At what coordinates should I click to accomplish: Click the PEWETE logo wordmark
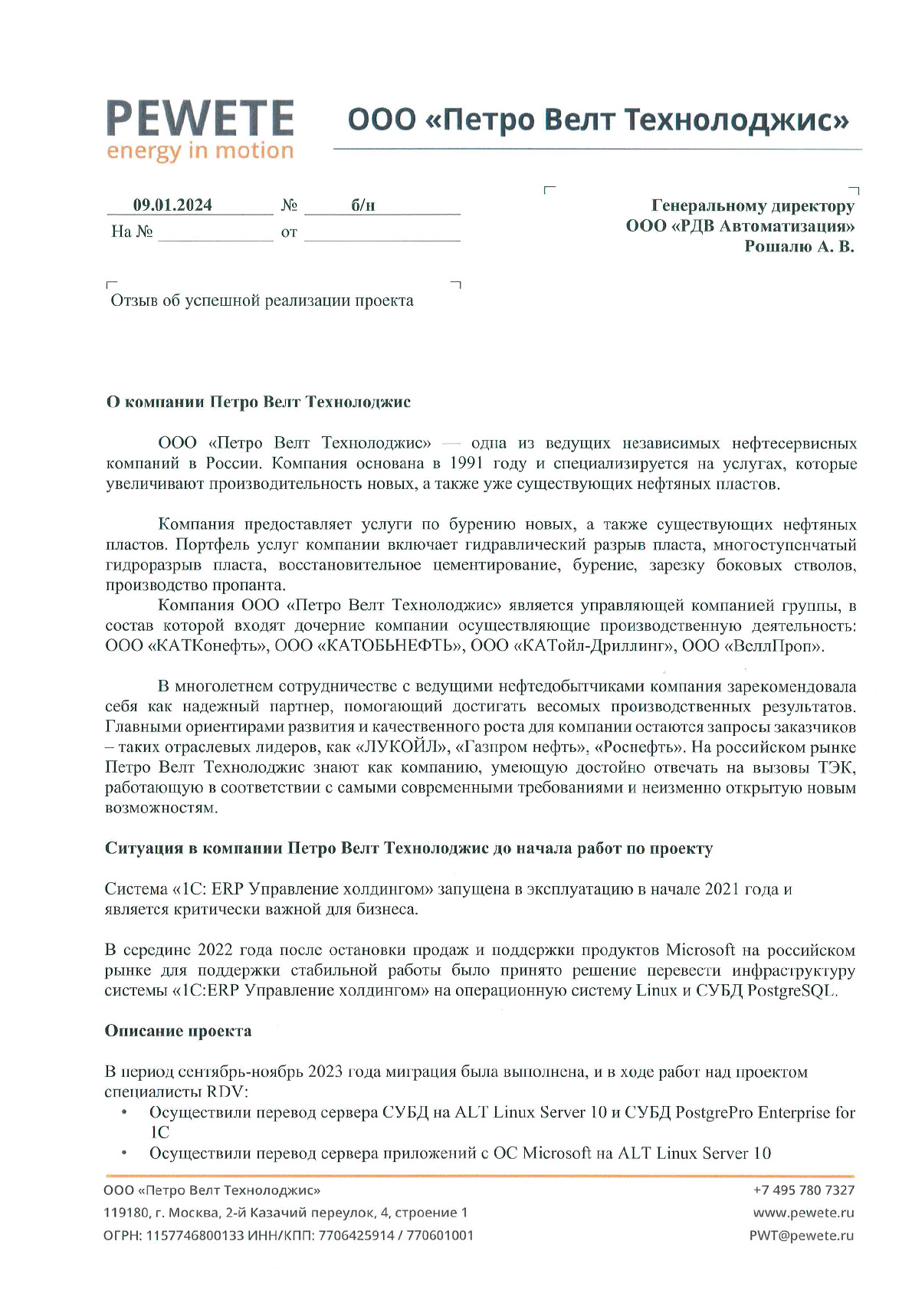(x=199, y=118)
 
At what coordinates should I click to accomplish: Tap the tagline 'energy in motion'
(x=199, y=151)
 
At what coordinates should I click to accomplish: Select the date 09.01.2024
(x=172, y=205)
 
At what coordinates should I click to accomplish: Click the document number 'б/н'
(x=363, y=205)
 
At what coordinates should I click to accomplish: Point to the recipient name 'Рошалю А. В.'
(x=799, y=246)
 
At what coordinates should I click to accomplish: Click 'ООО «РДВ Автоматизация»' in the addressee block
(x=740, y=226)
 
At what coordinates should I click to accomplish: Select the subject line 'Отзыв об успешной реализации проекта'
(x=262, y=300)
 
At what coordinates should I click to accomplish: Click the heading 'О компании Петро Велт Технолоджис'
(x=258, y=402)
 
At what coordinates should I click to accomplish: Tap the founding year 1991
(x=466, y=464)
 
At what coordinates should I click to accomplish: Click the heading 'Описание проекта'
(x=178, y=1031)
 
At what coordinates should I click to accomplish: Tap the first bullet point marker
(x=124, y=1112)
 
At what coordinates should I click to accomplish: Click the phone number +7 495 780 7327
(x=803, y=1190)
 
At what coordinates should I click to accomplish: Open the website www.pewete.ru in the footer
(x=803, y=1213)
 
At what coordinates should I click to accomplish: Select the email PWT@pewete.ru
(x=801, y=1235)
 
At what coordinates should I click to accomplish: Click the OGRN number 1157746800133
(x=195, y=1235)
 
